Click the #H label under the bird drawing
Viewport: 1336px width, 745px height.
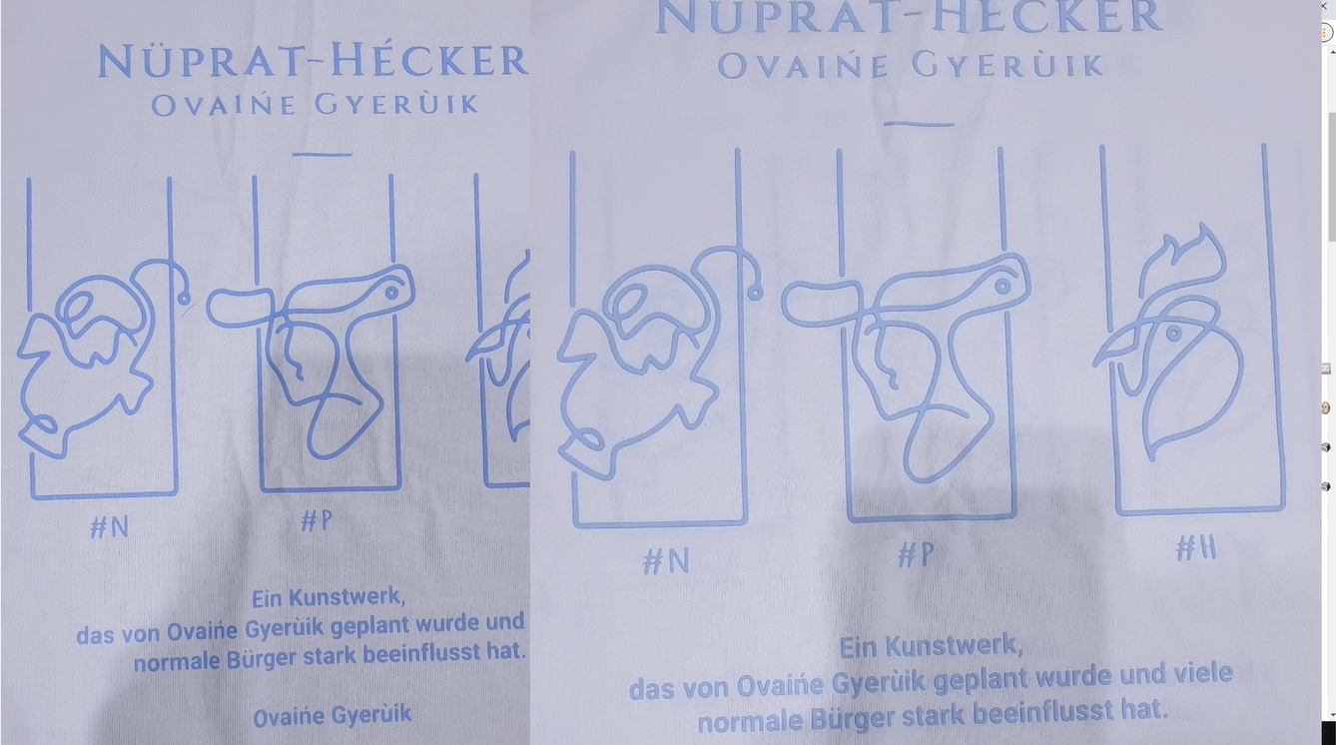coord(1195,547)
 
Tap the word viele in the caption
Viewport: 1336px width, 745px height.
coord(1203,673)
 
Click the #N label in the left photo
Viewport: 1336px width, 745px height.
coord(109,527)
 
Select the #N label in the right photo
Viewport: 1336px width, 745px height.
coord(666,561)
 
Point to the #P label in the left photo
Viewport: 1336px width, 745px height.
coord(317,520)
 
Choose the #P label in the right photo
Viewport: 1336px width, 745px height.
coord(916,555)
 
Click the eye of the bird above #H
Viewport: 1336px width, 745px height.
coord(1174,334)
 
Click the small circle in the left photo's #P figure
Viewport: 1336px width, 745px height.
coord(391,293)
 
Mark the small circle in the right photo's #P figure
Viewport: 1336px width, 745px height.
coord(1003,287)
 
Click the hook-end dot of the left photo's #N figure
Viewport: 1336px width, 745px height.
coord(185,298)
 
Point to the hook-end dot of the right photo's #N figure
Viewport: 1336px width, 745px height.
coord(755,293)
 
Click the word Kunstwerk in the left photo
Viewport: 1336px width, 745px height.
coord(346,597)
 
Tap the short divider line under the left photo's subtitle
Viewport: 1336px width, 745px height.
coord(323,155)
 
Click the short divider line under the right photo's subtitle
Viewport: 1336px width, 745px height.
coord(919,124)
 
